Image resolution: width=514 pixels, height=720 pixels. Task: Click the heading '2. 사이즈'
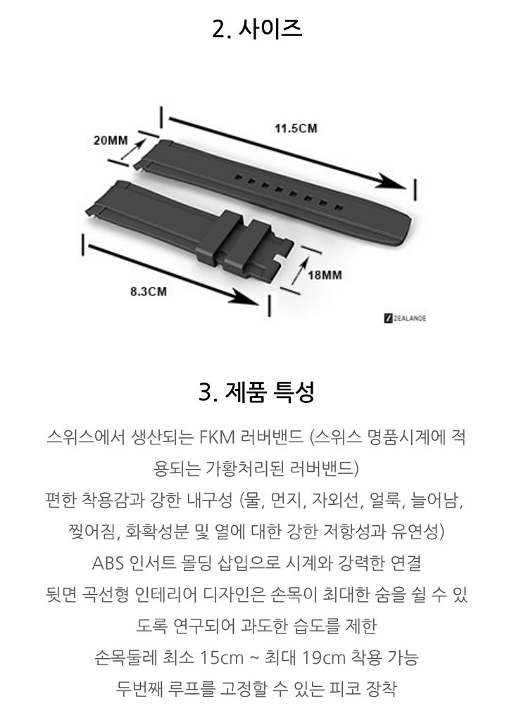(257, 30)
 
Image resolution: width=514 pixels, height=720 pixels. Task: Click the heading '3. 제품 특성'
(257, 391)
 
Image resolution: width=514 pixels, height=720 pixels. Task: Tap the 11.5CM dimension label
(296, 128)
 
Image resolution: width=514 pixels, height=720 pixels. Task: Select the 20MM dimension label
(111, 139)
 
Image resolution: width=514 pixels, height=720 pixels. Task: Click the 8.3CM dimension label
(149, 292)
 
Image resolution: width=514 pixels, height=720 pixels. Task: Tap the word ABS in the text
(108, 564)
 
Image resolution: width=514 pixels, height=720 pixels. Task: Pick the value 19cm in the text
(326, 659)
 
